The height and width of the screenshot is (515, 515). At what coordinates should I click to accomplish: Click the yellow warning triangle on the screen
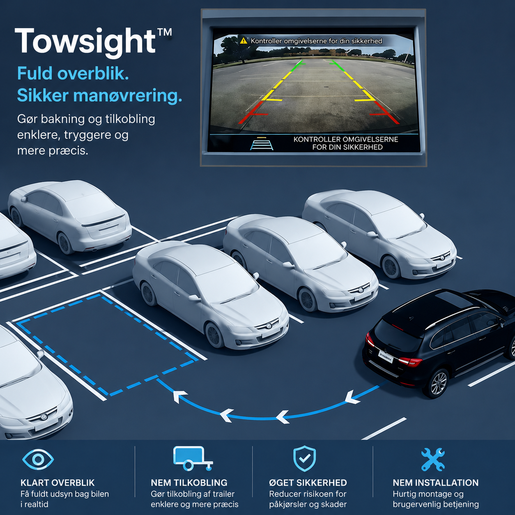tap(244, 41)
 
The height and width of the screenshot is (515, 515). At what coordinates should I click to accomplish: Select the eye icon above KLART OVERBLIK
tap(38, 460)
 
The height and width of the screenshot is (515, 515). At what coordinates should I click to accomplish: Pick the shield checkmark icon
tap(304, 459)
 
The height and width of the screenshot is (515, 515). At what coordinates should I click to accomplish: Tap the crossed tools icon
tap(433, 460)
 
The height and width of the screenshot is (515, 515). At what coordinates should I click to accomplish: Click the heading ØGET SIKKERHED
tap(308, 483)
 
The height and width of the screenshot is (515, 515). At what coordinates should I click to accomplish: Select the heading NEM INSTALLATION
tap(436, 483)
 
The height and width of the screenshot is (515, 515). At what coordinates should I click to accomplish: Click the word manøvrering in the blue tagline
tap(127, 95)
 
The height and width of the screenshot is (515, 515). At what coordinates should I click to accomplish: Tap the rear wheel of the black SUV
tap(438, 384)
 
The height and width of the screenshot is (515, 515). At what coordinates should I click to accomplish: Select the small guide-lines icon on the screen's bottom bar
tap(262, 143)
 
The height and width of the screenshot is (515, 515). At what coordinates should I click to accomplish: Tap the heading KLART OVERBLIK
tap(57, 483)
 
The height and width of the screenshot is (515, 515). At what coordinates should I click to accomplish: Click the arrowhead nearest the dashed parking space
tap(179, 396)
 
